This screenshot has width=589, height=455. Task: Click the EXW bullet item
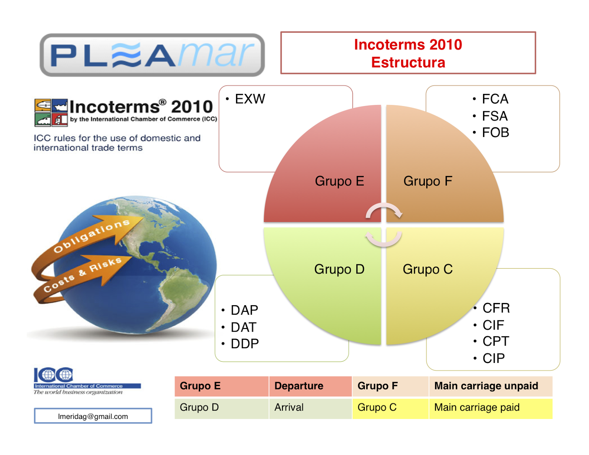250,99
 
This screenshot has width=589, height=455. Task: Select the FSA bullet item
494,116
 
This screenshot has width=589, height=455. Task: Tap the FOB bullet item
495,133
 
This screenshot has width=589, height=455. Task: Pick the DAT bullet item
243,327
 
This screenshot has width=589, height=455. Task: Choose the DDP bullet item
244,344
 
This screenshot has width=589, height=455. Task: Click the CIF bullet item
493,325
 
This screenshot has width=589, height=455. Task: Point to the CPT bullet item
495,342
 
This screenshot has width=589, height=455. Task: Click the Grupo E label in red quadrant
339,181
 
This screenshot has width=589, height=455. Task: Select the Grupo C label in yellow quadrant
427,269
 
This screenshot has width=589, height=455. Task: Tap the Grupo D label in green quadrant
339,269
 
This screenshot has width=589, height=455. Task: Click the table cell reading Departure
299,386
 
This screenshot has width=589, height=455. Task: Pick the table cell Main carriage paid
477,408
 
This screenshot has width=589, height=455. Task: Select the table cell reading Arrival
289,408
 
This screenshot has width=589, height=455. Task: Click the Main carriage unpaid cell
486,386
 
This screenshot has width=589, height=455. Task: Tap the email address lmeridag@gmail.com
93,416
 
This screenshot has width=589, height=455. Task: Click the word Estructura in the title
408,63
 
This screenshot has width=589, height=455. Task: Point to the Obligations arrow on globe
92,236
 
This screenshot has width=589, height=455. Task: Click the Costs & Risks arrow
83,274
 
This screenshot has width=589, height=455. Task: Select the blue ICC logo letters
53,375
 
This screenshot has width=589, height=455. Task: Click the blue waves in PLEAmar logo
126,56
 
